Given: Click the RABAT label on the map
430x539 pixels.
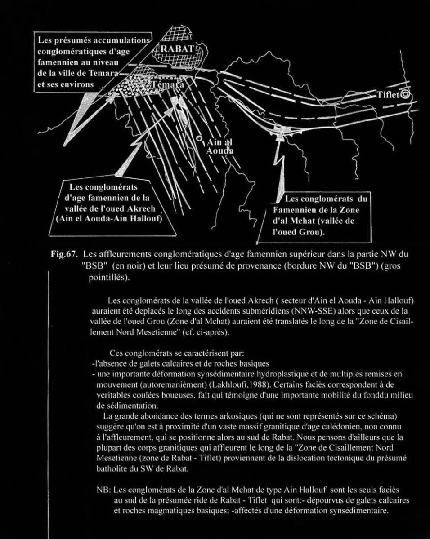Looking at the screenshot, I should click(178, 48).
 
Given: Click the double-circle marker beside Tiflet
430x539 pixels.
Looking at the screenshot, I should click(406, 94).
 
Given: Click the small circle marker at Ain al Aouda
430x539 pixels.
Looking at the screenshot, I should click(199, 138).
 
